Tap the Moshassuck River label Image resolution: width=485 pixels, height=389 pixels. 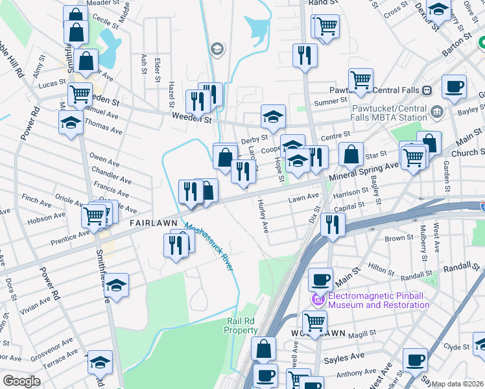208,247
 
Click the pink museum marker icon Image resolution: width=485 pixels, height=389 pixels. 318,300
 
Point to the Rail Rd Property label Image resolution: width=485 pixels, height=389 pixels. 241,325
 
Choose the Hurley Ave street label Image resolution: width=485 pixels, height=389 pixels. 263,216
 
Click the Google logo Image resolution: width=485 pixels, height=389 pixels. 21,381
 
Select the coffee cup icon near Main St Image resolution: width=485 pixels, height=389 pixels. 320,279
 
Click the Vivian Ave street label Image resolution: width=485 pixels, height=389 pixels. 36,301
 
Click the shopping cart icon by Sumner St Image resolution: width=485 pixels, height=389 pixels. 361,80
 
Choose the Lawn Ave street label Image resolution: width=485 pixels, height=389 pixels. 304,196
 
